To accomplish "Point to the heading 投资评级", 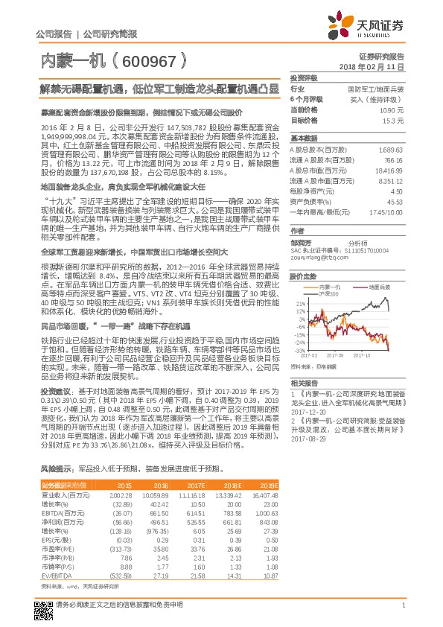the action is (x=304, y=78).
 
